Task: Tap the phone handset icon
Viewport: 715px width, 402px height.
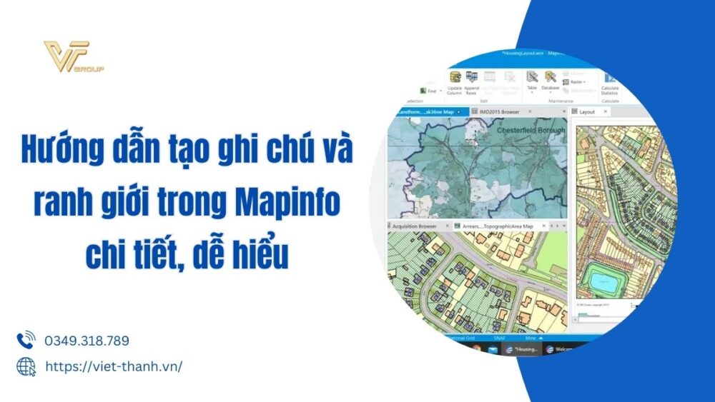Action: coord(26,340)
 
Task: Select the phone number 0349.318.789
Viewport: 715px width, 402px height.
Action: coord(87,341)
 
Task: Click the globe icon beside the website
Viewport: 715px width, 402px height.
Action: coord(26,366)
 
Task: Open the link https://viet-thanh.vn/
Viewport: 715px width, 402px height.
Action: coord(113,366)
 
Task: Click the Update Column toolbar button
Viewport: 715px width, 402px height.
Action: coord(454,82)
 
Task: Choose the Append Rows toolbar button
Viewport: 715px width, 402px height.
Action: coord(471,82)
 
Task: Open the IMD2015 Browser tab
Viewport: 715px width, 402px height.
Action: coord(500,112)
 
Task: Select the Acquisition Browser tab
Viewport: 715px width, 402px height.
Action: coord(417,226)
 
